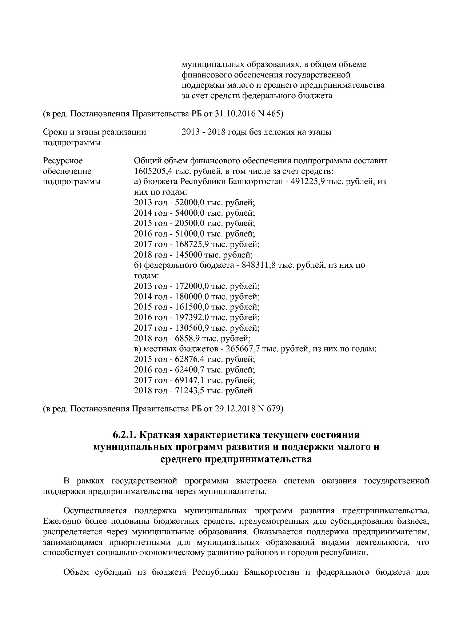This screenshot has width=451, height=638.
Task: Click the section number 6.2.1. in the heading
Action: click(x=125, y=435)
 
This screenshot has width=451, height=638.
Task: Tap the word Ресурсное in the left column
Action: click(x=63, y=160)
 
